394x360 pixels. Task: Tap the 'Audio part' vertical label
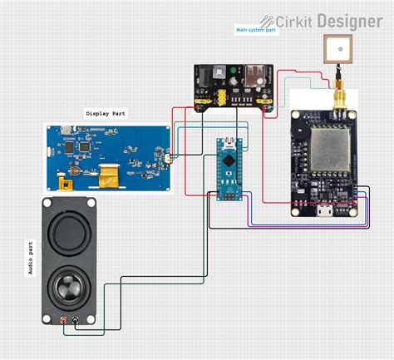[x=32, y=258]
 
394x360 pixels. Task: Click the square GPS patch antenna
[x=338, y=52]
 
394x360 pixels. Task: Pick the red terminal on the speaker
[x=64, y=320]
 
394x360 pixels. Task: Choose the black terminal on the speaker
[x=76, y=320]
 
